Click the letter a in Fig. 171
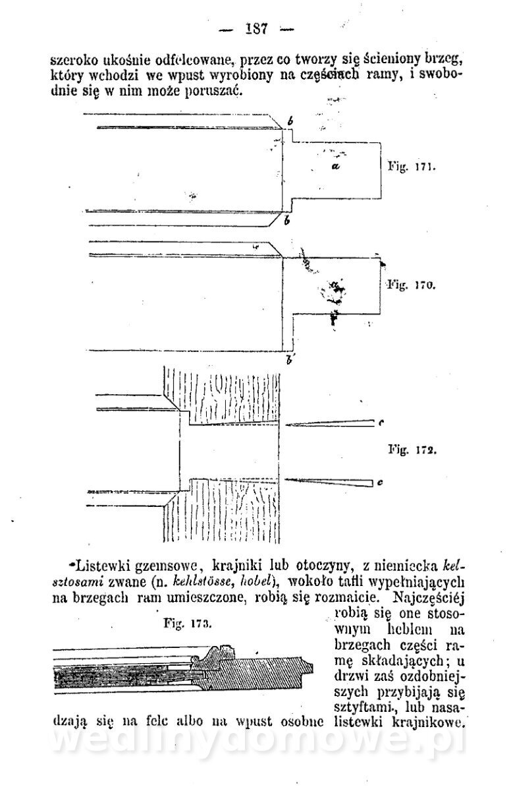tap(335, 167)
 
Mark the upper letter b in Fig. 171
tap(290, 122)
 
